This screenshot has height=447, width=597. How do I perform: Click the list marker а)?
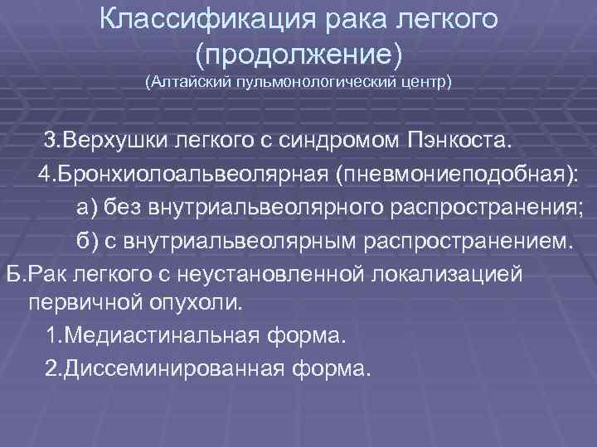click(87, 209)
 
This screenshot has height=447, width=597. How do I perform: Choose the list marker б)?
click(87, 241)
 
